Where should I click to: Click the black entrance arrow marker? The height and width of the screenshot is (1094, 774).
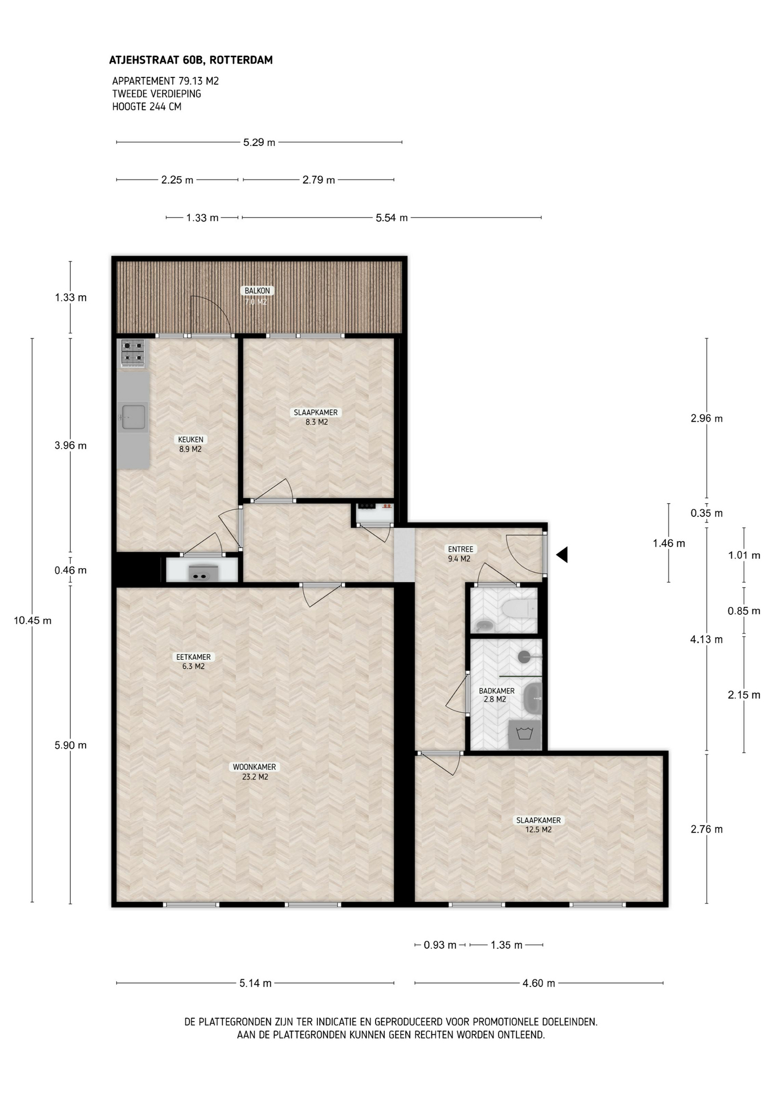coord(562,554)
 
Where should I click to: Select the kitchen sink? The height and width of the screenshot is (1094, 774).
coord(133,417)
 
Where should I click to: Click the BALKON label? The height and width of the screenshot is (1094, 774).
coord(257,291)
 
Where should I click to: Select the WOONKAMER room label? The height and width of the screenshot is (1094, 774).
coord(254,767)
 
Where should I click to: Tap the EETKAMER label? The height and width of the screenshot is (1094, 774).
coord(193,657)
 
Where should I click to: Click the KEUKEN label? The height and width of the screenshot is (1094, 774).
coord(190,440)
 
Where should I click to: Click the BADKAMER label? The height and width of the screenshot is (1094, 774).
coord(496,691)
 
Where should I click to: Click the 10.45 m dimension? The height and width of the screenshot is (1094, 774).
coord(32,621)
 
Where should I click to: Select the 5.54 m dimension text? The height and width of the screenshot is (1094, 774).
coord(392,218)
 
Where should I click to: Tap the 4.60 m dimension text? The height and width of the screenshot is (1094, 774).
coord(539,983)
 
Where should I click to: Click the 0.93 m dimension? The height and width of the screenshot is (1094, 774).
coord(440,945)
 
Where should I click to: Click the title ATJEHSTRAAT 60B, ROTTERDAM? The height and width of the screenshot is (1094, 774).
coord(191,60)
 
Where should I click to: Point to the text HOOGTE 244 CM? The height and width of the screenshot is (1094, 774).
coord(146,107)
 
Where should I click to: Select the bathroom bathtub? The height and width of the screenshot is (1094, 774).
coord(533,699)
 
